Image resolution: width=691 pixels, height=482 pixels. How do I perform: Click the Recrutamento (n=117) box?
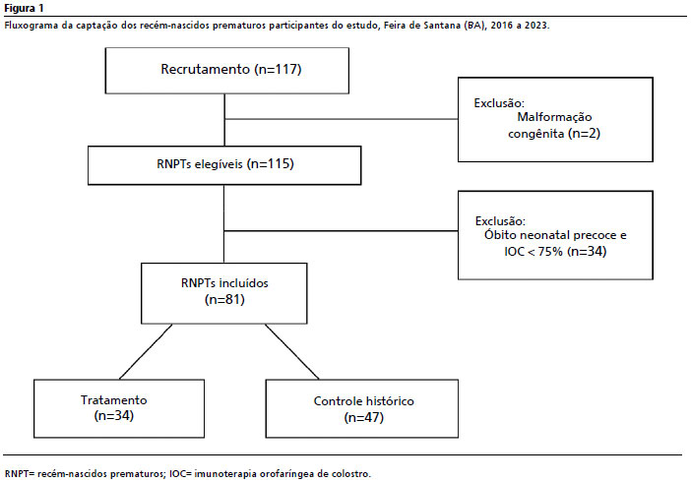tap(227, 71)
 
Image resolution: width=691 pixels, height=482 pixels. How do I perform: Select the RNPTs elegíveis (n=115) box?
tap(224, 165)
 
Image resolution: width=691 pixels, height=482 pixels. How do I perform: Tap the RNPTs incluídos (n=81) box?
tap(223, 293)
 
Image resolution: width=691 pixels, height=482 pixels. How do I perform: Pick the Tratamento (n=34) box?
tap(119, 408)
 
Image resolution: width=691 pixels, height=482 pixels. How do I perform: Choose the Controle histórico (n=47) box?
tap(362, 408)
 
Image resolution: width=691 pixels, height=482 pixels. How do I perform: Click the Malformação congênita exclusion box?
tap(555, 119)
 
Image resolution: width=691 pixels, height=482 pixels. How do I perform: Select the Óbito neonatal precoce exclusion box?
tap(555, 235)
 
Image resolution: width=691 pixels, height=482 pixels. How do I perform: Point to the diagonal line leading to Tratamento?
tap(146, 351)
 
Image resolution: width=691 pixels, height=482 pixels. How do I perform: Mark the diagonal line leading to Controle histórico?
tap(291, 351)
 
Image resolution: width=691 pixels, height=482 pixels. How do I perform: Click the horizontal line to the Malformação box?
tap(342, 119)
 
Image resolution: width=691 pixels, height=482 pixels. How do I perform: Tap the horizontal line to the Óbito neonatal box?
tap(342, 230)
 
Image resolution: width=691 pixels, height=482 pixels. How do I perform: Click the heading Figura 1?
tap(25, 9)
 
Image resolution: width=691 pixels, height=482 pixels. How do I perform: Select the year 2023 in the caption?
tap(535, 26)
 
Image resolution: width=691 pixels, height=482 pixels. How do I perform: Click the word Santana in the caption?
tap(442, 26)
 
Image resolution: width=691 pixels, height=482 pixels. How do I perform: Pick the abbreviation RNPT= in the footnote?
tap(20, 474)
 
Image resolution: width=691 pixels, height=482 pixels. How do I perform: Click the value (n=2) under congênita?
tap(584, 133)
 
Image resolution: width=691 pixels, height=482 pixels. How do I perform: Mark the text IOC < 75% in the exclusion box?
tap(534, 252)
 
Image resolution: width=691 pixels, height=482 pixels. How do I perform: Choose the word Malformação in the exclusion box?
tap(554, 117)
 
